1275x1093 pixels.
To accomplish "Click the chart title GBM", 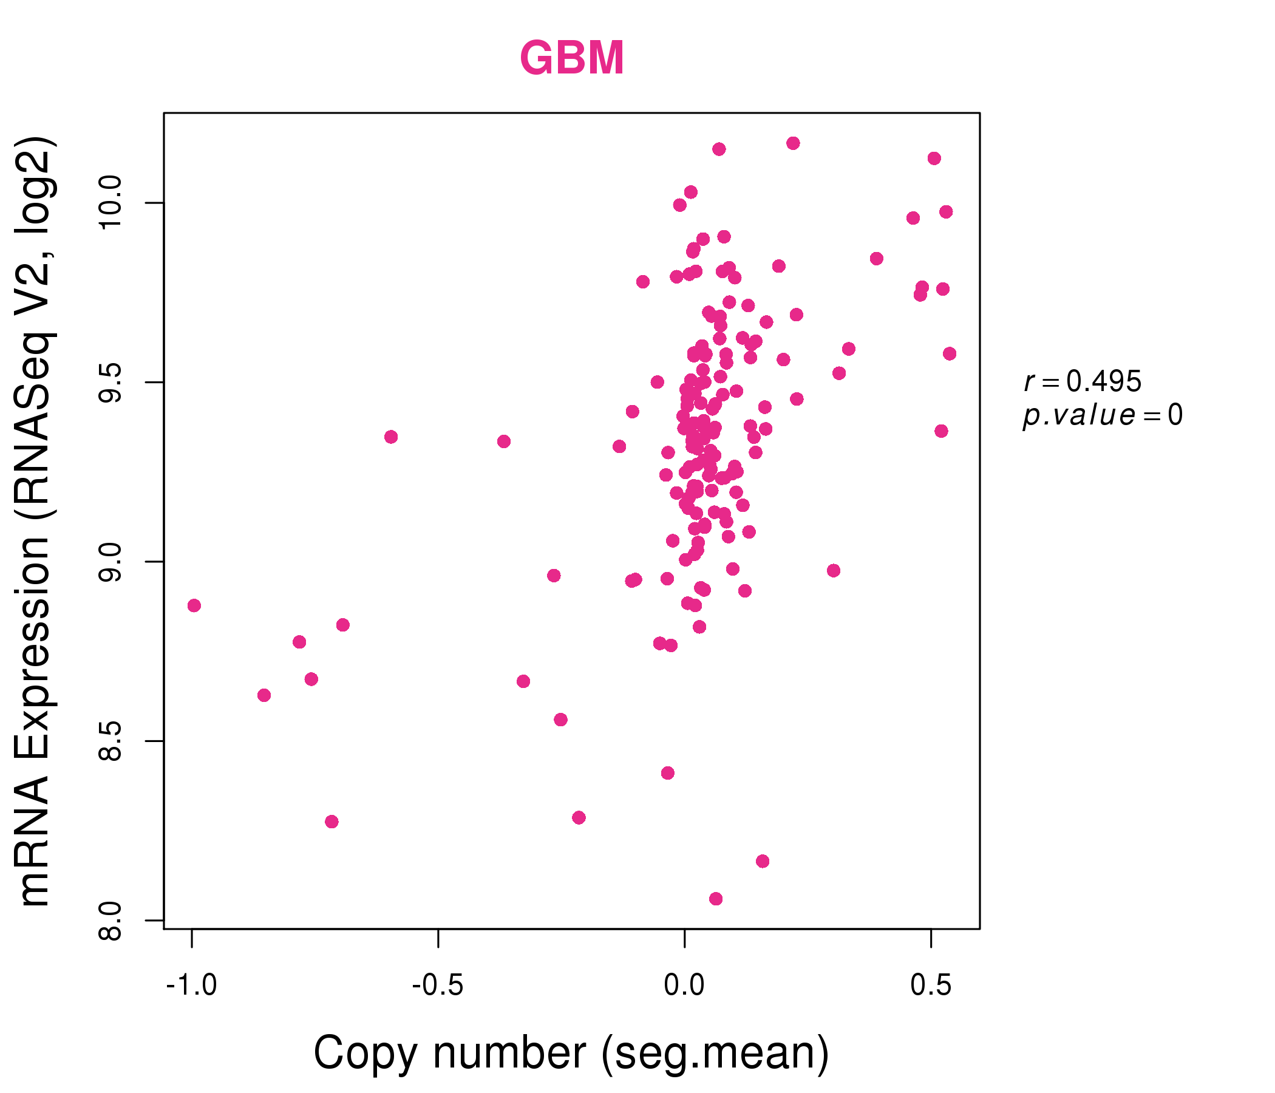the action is click(x=572, y=58).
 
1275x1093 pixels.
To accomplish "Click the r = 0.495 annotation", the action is click(x=1083, y=381).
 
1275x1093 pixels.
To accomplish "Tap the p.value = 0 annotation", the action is click(x=1103, y=415).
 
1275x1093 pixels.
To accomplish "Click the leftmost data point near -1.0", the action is click(x=194, y=605).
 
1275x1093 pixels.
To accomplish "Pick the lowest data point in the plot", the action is click(x=716, y=899).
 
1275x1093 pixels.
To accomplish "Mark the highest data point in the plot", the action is click(x=793, y=143).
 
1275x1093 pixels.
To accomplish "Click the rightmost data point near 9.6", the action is click(x=950, y=354).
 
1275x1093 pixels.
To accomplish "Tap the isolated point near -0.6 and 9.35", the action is click(x=391, y=437).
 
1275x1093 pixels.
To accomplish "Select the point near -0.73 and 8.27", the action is click(x=331, y=822).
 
